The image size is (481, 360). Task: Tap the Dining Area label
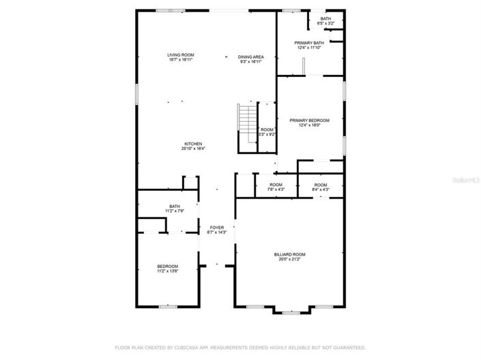250,57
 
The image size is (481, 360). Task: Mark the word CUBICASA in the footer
179,347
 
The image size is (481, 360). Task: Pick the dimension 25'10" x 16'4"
193,149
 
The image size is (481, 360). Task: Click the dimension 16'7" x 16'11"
181,61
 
